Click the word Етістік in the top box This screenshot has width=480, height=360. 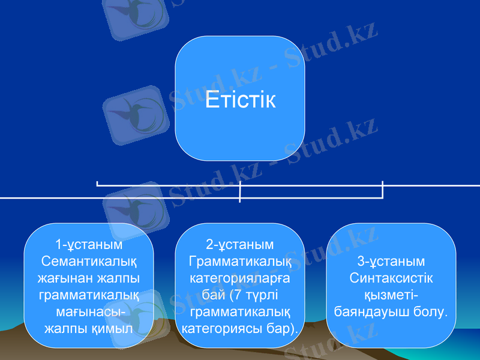click(240, 100)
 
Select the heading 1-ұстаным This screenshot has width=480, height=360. click(89, 245)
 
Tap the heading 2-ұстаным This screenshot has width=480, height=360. click(240, 245)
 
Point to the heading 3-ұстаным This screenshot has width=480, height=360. click(391, 262)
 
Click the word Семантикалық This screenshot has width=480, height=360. click(89, 262)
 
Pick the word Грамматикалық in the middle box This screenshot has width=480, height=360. click(240, 262)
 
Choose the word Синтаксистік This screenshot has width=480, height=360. click(391, 278)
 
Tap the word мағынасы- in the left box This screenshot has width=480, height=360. click(89, 312)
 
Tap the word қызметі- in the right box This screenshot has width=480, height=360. click(391, 295)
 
